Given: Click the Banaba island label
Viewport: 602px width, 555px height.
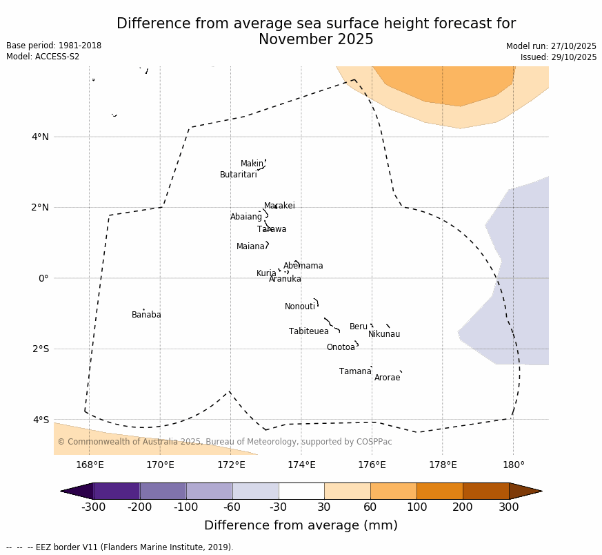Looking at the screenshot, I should click(x=146, y=315).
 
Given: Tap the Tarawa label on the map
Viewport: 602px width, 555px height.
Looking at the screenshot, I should click(x=272, y=230).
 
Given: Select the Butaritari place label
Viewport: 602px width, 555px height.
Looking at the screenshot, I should click(x=239, y=175).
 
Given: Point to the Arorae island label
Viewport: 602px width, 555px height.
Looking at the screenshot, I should click(x=387, y=378).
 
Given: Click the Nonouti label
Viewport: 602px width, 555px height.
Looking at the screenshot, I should click(x=300, y=307).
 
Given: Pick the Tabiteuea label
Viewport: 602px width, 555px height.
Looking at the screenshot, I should click(x=309, y=332).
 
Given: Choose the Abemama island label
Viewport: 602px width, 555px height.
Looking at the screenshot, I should click(x=303, y=266).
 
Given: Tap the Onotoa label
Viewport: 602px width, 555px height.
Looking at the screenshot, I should click(x=341, y=348).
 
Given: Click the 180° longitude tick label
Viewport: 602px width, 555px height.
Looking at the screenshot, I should click(x=513, y=465).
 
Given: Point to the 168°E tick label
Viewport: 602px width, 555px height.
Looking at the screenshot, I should click(x=90, y=465).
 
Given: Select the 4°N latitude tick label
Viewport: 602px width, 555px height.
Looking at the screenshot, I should click(x=40, y=137).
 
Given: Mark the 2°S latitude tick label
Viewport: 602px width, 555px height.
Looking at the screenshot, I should click(x=40, y=349).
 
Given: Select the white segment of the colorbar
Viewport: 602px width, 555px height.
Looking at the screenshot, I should click(x=301, y=491).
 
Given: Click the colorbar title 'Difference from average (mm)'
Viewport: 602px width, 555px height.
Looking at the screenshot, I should click(x=301, y=526).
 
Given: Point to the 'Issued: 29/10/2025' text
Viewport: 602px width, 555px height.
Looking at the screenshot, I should click(x=559, y=58).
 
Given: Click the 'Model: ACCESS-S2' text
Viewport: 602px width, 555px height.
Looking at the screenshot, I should click(x=43, y=57).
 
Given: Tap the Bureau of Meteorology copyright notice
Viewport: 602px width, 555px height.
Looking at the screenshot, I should click(x=225, y=442).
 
